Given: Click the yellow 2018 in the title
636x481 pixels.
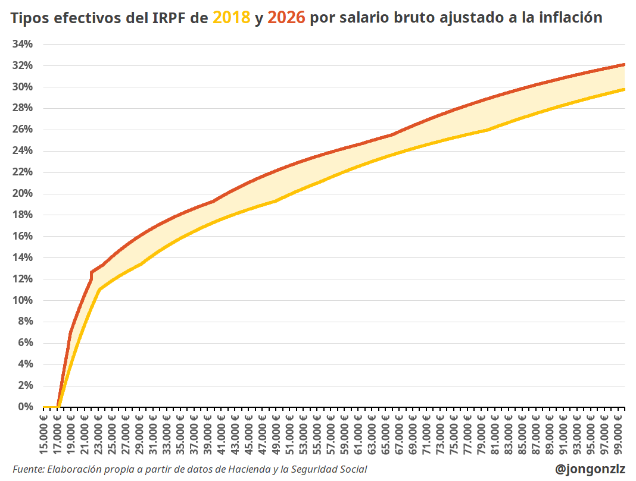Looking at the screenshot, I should pyautogui.click(x=231, y=18).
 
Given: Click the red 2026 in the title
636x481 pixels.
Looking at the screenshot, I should pyautogui.click(x=286, y=18).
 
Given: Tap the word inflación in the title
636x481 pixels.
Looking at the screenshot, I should pyautogui.click(x=570, y=18).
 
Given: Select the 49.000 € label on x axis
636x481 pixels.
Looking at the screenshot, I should pyautogui.click(x=276, y=438).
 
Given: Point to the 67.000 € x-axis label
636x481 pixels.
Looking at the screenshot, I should pyautogui.click(x=400, y=438).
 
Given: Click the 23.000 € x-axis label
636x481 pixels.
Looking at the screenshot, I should pyautogui.click(x=99, y=438).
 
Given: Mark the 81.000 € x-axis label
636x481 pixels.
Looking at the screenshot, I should pyautogui.click(x=495, y=438).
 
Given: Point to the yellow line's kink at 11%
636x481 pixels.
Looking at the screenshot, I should pyautogui.click(x=99, y=290).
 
